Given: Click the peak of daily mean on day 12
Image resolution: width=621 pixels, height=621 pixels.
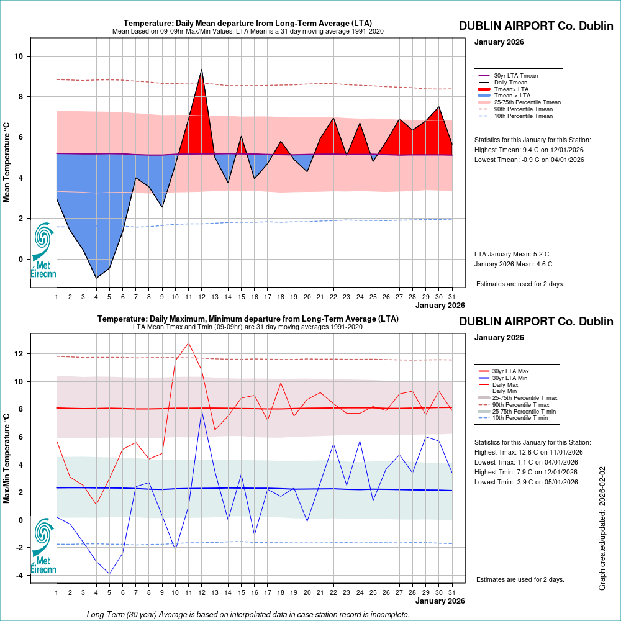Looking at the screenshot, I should click(202, 69).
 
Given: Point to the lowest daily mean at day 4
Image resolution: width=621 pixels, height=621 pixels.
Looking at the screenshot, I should click(96, 278).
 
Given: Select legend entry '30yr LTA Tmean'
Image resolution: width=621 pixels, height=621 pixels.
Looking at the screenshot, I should click(515, 75).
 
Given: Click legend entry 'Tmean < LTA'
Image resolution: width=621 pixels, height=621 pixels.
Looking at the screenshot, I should click(512, 96).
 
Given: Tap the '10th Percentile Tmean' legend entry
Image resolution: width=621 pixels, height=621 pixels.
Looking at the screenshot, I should click(523, 116).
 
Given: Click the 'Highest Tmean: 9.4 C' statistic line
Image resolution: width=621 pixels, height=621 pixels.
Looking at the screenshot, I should click(529, 150).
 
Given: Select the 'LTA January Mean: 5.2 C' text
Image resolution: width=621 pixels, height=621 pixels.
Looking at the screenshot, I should click(512, 255).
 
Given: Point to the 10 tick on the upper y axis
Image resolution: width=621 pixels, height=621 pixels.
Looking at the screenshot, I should click(19, 57).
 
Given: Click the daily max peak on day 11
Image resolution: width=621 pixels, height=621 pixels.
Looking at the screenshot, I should click(189, 343).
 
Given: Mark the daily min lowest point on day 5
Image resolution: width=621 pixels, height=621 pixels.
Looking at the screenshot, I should click(109, 574).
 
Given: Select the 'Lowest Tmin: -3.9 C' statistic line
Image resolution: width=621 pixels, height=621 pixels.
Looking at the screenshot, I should click(526, 482).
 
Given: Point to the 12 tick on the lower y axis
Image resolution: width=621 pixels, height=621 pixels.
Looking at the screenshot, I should click(19, 354).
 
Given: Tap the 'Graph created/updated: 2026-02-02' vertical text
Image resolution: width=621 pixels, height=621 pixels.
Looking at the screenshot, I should click(602, 528).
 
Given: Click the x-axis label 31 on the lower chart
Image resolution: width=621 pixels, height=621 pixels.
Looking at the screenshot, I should click(452, 591).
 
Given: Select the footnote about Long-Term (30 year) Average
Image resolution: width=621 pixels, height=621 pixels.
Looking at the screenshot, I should click(248, 615).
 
